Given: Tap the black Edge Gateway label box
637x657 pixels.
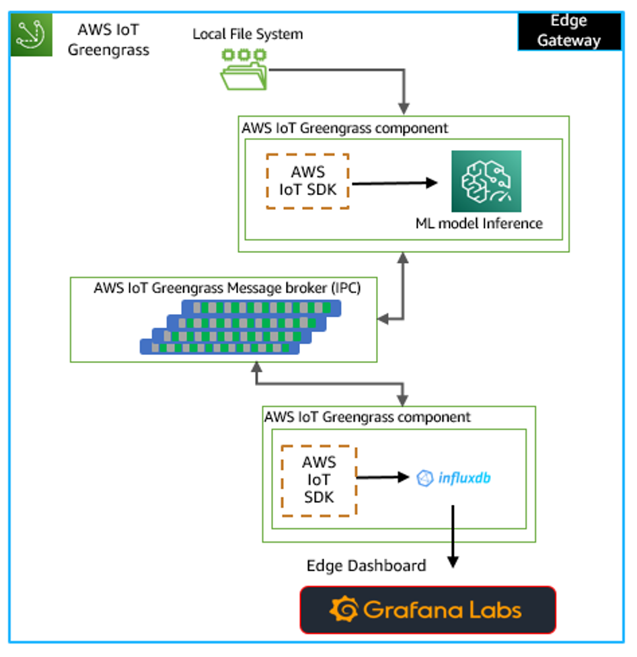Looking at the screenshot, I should pyautogui.click(x=569, y=31).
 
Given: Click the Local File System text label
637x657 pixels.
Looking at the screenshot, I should pyautogui.click(x=248, y=34).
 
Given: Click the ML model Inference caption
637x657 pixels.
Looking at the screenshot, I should pyautogui.click(x=478, y=223).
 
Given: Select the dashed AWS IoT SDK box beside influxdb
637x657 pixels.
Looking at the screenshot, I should pyautogui.click(x=319, y=480).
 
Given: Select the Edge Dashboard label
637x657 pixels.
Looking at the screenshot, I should pyautogui.click(x=366, y=565).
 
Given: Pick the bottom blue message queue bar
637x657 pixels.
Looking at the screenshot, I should pyautogui.click(x=219, y=347).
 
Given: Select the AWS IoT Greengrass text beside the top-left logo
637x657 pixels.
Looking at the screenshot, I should pyautogui.click(x=108, y=40).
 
